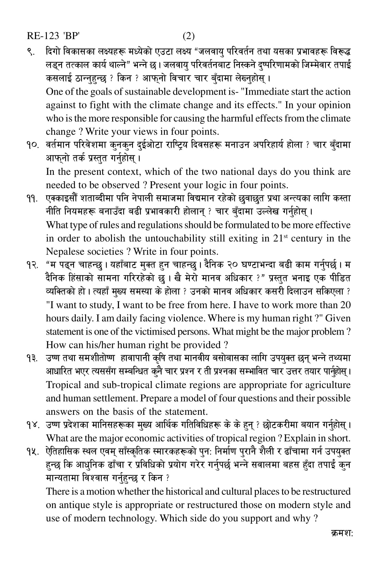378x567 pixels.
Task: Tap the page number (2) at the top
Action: [188, 36]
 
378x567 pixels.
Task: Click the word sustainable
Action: [154, 92]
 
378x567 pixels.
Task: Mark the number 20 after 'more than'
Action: [343, 305]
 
